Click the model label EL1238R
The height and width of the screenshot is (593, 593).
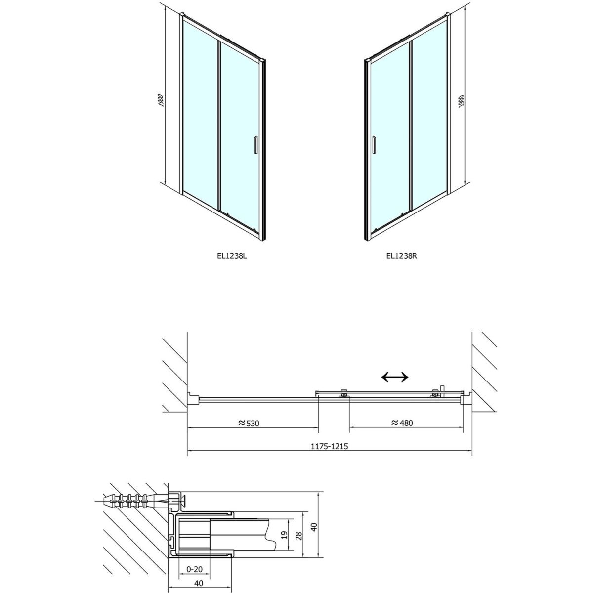[402, 256]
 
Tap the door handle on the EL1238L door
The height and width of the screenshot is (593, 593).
[255, 144]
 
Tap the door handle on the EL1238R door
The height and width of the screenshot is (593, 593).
[374, 144]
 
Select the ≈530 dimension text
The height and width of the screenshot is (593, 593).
[249, 424]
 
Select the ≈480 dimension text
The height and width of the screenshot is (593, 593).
[402, 423]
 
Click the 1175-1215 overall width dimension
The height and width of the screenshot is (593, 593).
[329, 446]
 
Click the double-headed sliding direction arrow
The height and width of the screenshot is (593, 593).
[394, 377]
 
